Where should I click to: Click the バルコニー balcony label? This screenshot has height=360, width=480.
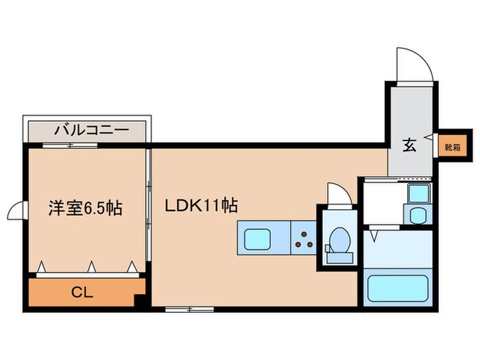point(86,129)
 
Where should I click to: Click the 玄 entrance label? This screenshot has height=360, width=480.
point(409,145)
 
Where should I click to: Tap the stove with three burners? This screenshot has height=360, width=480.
point(303,238)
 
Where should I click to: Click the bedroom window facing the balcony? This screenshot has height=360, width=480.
point(69,145)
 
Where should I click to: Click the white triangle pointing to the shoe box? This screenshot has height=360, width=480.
point(429,138)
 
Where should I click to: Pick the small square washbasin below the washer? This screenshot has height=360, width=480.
point(417,215)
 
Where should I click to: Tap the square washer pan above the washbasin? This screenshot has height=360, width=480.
point(418,193)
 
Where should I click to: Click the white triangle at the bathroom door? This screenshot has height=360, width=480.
point(374,235)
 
